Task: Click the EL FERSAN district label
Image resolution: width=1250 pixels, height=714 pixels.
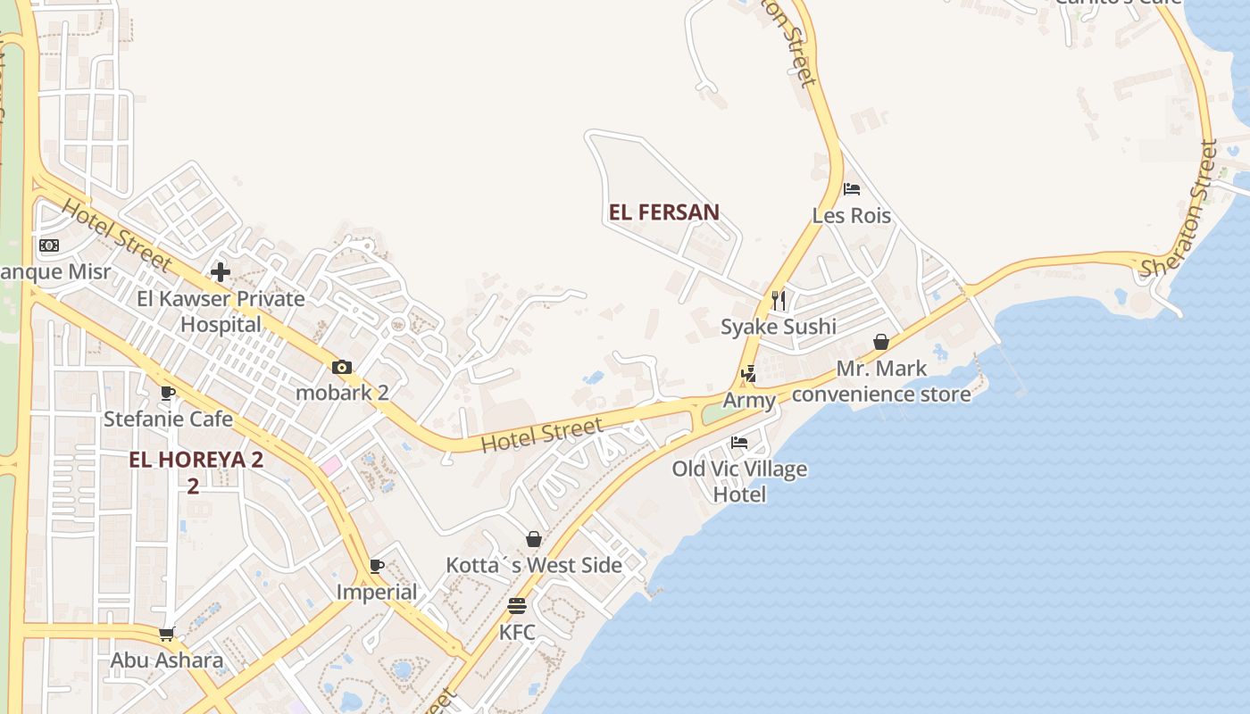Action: coord(663,212)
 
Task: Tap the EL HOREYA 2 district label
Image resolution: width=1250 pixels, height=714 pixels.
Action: coord(196,461)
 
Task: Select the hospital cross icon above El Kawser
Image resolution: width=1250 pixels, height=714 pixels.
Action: coord(221,271)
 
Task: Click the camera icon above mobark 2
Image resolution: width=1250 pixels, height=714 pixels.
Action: coord(342,367)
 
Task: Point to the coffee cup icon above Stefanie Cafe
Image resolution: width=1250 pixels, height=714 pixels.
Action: coord(168,393)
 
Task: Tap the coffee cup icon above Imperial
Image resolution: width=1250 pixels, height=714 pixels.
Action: coord(377,566)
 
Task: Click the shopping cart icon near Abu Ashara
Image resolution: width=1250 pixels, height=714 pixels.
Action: coord(166,635)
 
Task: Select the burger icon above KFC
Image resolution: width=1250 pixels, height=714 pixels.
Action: coord(517,606)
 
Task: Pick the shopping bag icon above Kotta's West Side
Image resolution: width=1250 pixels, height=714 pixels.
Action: coord(534,539)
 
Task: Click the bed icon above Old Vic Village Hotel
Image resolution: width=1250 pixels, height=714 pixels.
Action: coord(739,442)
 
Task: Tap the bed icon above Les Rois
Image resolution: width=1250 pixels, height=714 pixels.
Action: coord(852,189)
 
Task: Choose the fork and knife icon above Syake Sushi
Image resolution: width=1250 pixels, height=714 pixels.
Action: coord(779,299)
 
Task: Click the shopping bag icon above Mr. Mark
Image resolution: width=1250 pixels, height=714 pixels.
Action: coord(881,342)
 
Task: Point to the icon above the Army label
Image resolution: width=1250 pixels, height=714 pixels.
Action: coord(749,374)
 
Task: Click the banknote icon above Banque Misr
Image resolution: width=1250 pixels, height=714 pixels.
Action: coord(49,245)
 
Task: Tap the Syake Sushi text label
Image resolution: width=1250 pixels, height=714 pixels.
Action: coord(779,327)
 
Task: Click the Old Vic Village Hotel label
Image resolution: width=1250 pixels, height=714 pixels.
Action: coord(739,481)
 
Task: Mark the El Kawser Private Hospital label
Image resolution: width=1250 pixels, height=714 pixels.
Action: coord(221,311)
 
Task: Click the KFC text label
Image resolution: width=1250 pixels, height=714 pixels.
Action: coord(517,633)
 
